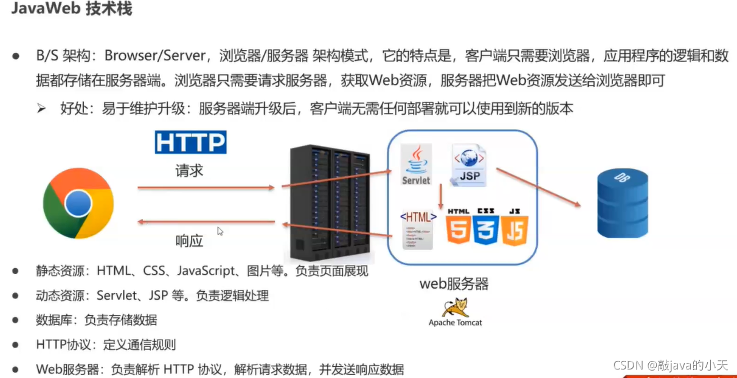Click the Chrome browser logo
[78, 203]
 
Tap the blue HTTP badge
[191, 142]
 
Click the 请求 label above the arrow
[189, 170]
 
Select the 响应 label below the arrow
[189, 241]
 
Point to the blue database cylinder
[622, 204]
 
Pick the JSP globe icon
[468, 164]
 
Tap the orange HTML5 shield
[458, 229]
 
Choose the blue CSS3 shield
[486, 229]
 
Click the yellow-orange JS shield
[514, 229]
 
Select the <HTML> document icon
[418, 229]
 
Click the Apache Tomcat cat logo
[455, 308]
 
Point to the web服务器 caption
[454, 283]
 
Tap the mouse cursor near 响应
[220, 231]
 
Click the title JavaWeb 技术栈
[72, 9]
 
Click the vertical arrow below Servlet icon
[440, 198]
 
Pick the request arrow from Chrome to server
[207, 188]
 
